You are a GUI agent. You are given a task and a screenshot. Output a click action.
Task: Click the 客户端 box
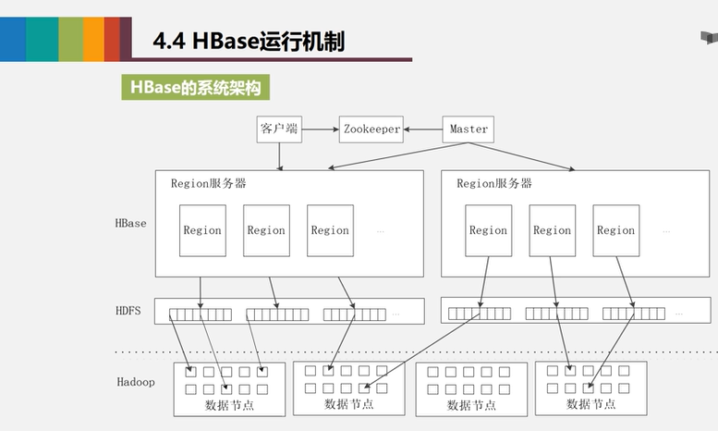[x=279, y=129]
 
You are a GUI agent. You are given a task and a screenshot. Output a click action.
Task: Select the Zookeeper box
[x=371, y=129]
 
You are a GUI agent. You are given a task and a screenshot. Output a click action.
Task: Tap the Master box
[x=469, y=129]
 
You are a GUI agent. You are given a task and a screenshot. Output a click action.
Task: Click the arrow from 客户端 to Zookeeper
[x=320, y=129]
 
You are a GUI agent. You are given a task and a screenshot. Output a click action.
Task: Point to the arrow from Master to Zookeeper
[x=424, y=129]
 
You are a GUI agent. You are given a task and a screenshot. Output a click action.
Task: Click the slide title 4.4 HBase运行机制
[x=248, y=42]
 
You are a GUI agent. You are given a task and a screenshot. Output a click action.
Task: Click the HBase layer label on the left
[x=130, y=223]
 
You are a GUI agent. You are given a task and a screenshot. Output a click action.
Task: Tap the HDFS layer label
[x=128, y=311]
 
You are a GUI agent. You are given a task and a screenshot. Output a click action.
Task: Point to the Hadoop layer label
[x=136, y=381]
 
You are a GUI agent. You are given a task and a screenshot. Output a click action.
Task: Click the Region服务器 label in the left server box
[x=209, y=183]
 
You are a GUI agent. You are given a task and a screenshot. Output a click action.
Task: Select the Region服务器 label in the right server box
[x=494, y=183]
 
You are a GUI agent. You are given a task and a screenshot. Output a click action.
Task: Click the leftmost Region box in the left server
[x=201, y=230]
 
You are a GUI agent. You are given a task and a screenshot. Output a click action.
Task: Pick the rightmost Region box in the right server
[x=615, y=230]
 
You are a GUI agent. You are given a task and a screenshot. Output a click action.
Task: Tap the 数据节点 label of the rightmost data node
[x=591, y=404]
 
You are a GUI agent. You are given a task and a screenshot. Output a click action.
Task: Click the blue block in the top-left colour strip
[x=12, y=39]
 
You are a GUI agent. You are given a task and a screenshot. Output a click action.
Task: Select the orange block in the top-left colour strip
[x=93, y=39]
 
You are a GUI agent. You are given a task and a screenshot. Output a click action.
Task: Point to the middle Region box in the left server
[x=266, y=230]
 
